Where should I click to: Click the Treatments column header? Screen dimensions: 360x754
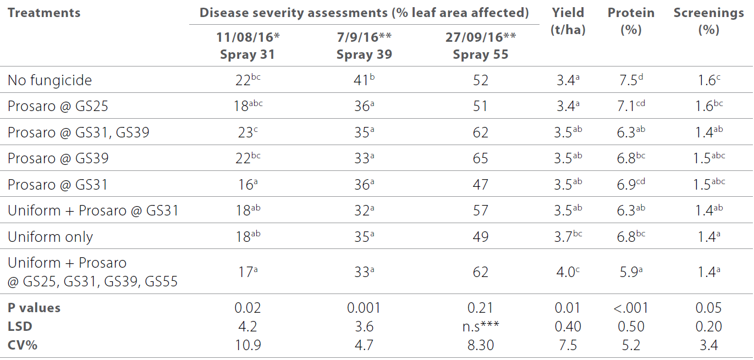click(x=44, y=13)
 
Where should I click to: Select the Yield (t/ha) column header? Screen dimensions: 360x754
click(x=568, y=21)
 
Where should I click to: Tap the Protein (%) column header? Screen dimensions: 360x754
click(x=631, y=21)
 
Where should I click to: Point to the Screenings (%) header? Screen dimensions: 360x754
click(x=708, y=21)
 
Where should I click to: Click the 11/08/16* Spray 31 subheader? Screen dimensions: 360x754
click(x=247, y=46)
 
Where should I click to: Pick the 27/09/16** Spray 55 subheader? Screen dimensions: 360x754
click(x=480, y=46)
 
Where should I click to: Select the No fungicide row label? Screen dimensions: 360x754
click(x=49, y=80)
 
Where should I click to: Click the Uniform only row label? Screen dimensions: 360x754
click(x=50, y=237)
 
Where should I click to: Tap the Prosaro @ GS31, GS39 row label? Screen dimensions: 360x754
click(x=78, y=132)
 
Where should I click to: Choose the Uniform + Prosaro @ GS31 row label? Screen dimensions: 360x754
click(x=93, y=211)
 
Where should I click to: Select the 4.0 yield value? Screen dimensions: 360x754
click(x=568, y=272)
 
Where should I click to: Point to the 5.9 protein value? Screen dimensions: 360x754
click(x=631, y=272)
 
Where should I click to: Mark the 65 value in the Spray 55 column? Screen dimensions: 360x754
click(x=480, y=159)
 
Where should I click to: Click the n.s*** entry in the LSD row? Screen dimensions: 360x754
click(x=480, y=326)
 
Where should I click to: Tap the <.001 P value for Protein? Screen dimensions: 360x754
click(x=631, y=308)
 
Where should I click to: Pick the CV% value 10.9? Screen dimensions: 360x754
click(x=247, y=345)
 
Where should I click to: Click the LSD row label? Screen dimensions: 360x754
click(x=20, y=326)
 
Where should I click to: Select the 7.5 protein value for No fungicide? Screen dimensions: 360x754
click(x=631, y=80)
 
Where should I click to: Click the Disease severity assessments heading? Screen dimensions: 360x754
click(x=364, y=13)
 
